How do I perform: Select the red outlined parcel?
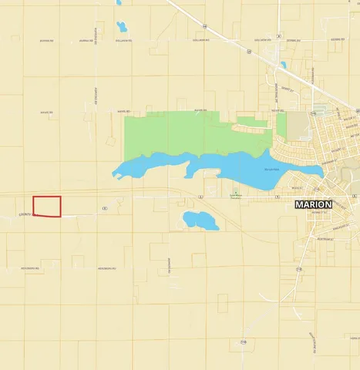point(47,206)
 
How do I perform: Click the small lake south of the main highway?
point(200,221)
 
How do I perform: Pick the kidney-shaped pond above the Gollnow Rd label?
point(121,27)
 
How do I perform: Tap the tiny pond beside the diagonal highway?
point(283,65)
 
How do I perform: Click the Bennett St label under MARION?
point(316,211)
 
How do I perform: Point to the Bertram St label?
point(326,239)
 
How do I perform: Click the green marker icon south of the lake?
point(236,192)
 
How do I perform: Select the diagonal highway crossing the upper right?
point(231,39)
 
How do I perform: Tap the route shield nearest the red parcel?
point(104,208)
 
